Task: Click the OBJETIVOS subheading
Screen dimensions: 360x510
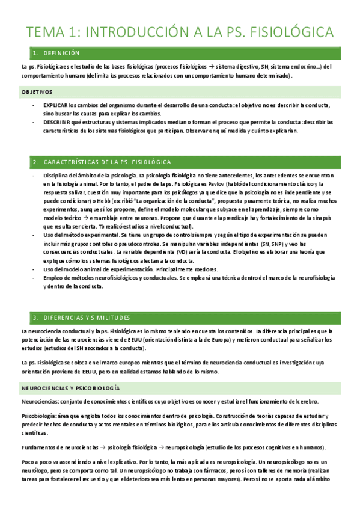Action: click(x=37, y=92)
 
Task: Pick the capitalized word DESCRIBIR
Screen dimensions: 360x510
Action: click(x=58, y=121)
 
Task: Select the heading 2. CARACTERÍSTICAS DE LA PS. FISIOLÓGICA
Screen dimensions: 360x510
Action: click(x=102, y=162)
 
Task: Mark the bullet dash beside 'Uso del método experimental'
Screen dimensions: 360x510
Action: click(x=34, y=235)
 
